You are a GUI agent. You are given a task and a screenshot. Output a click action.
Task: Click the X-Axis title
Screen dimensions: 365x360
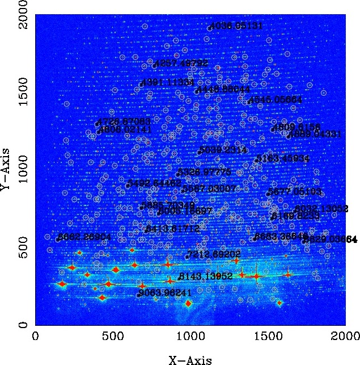click(x=190, y=359)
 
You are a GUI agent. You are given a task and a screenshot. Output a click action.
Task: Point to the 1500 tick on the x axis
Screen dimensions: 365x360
click(x=268, y=325)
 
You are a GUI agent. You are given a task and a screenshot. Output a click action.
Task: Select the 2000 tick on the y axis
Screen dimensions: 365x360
click(x=36, y=15)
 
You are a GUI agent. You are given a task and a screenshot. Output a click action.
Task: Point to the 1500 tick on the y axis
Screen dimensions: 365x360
click(x=36, y=93)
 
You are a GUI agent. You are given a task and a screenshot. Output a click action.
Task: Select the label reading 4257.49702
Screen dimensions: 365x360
click(x=181, y=63)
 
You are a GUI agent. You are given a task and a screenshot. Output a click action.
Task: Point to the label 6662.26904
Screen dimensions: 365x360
click(x=85, y=236)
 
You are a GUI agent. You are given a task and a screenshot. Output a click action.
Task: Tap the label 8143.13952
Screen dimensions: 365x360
click(x=206, y=276)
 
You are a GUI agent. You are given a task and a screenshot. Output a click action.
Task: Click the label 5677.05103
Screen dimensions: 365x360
click(x=295, y=191)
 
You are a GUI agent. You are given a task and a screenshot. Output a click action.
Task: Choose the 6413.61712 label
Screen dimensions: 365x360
click(x=173, y=228)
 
